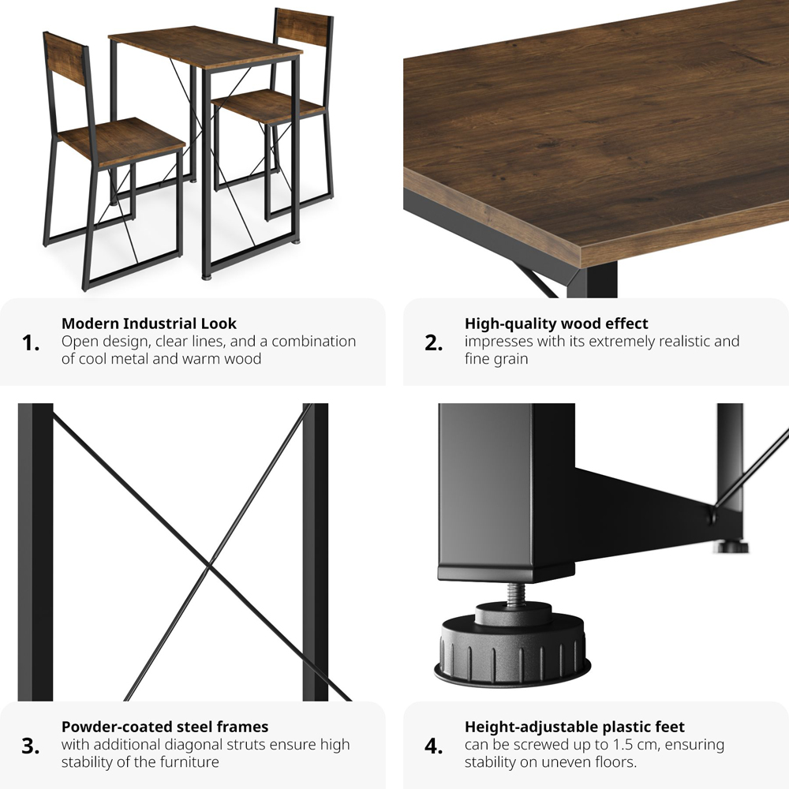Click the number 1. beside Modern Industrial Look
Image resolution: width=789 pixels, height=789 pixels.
[31, 343]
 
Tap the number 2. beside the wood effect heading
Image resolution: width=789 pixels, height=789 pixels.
[434, 343]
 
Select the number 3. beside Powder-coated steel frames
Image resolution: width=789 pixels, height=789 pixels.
[31, 746]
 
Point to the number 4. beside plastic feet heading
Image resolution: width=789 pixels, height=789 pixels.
[434, 746]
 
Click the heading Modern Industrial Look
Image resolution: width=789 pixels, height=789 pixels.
[149, 323]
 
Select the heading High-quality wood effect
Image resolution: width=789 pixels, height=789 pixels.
[556, 323]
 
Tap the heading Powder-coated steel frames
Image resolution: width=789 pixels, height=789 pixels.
[165, 727]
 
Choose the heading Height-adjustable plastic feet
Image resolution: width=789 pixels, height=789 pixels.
[574, 727]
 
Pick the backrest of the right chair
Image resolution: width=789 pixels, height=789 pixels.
[301, 28]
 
